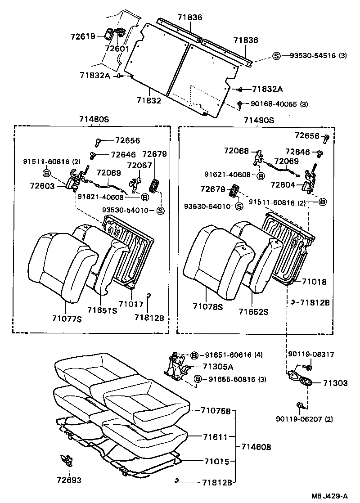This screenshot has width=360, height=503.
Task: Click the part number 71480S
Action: pos(93,120)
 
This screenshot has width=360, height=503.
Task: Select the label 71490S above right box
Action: pos(259,120)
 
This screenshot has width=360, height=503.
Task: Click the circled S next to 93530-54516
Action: pos(276,56)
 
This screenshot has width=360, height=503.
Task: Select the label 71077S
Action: pos(66,319)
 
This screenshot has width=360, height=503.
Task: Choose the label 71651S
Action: pos(102,310)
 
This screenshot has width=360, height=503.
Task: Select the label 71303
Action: pos(335,383)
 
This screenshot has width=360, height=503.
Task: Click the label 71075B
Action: pos(216,410)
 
